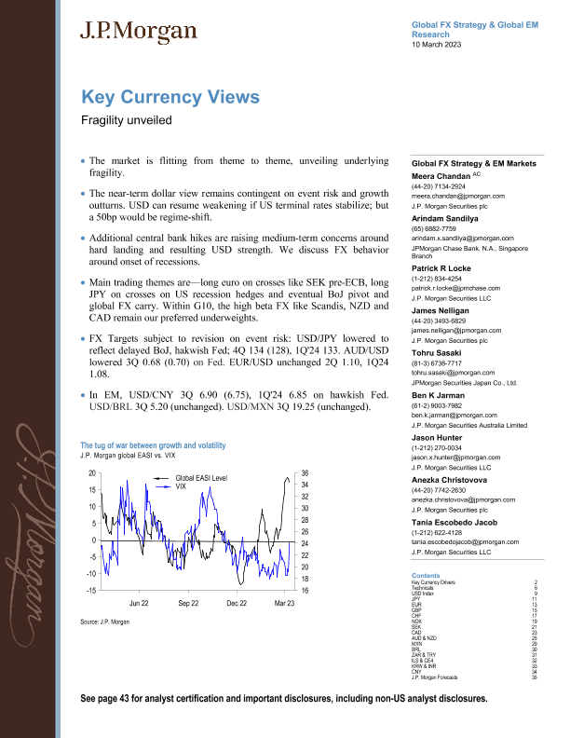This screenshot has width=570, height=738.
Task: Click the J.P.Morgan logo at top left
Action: pyautogui.click(x=140, y=31)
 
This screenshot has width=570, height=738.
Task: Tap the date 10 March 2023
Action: pyautogui.click(x=441, y=45)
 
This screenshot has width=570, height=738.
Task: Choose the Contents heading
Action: pyautogui.click(x=426, y=576)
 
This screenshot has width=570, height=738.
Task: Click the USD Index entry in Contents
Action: pyautogui.click(x=424, y=594)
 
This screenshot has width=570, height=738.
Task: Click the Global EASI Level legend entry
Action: pyautogui.click(x=200, y=477)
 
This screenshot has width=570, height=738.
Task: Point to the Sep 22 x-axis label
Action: pyautogui.click(x=189, y=604)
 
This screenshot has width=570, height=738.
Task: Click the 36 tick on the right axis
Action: pyautogui.click(x=304, y=473)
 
